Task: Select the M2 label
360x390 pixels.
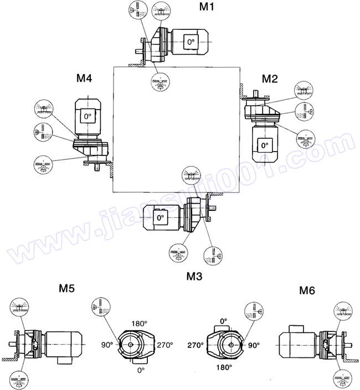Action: point(269,78)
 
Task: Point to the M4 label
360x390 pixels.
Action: point(84,79)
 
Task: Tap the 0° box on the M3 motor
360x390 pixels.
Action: point(161,219)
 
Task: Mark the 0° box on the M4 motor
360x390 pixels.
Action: point(87,116)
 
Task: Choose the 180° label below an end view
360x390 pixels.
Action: point(224,366)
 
